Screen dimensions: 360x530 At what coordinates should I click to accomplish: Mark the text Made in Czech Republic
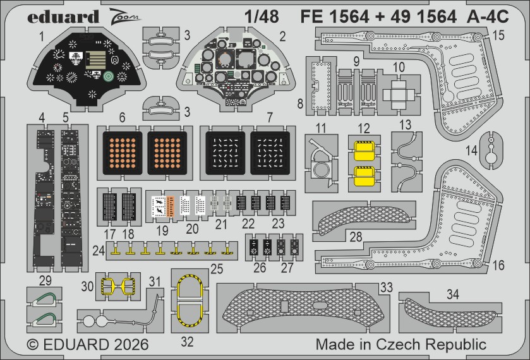coord(401,345)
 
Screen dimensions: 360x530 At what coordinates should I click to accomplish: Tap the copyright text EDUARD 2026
coord(88,345)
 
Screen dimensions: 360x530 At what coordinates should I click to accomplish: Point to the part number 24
coord(97,250)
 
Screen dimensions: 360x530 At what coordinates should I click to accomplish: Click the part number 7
coord(270,117)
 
